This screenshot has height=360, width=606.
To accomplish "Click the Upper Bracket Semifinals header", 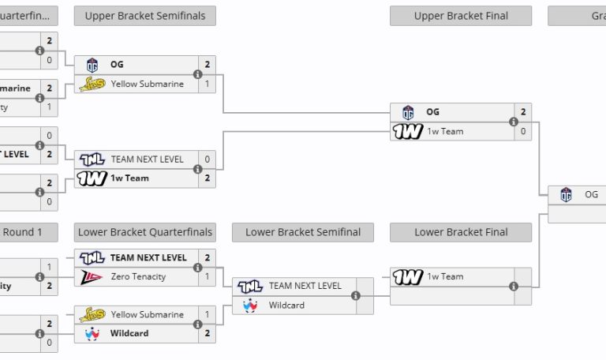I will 144,16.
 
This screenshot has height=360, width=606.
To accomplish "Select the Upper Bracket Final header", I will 461,16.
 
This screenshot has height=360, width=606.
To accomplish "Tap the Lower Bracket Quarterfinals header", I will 144,232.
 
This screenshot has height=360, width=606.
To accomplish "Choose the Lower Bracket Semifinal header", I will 303,232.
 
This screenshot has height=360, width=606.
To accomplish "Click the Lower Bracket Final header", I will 461,232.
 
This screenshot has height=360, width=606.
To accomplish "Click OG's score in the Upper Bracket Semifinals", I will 208,65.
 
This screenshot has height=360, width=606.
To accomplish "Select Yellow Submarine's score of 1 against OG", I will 208,84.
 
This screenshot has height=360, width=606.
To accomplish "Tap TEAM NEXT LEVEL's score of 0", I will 208,159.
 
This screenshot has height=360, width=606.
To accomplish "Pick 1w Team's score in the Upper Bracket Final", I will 522,131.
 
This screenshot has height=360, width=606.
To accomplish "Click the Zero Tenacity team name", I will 138,276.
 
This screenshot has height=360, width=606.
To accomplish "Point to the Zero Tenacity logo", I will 92,276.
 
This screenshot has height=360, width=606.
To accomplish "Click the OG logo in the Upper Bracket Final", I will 408,112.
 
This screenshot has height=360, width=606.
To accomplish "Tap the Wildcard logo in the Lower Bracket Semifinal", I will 250,305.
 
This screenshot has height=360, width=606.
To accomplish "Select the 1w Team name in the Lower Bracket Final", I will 445,276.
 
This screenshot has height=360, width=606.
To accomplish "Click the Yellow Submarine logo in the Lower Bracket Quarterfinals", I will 92,314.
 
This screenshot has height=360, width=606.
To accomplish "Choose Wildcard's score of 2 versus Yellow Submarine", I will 208,333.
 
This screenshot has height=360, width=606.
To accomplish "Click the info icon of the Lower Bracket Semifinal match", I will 355,295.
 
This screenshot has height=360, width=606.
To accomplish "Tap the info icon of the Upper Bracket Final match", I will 514,122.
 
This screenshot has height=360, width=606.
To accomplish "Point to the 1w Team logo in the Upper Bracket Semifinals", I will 92,178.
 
